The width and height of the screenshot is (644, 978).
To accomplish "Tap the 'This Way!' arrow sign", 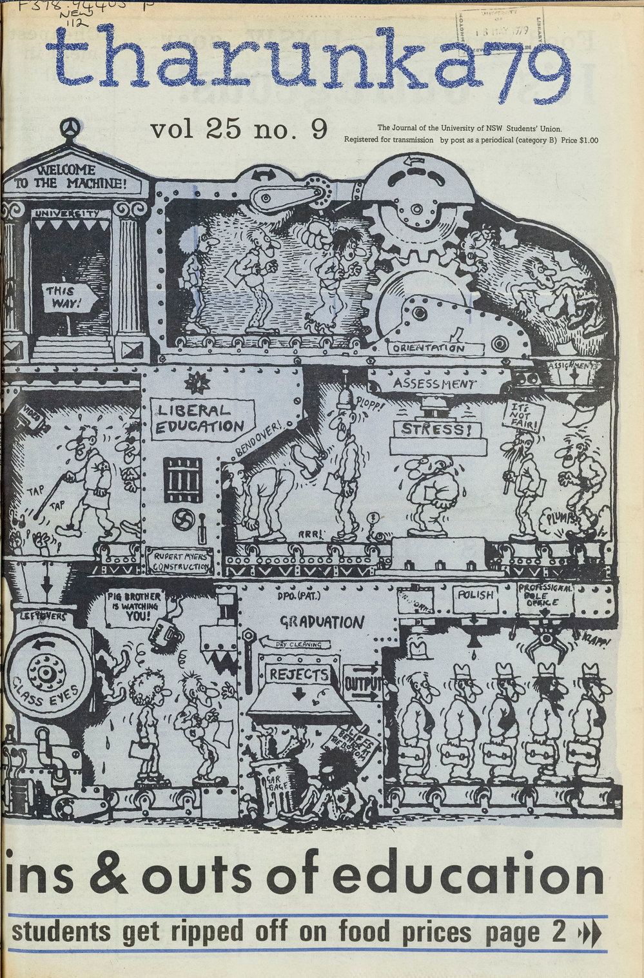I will pos(69,298).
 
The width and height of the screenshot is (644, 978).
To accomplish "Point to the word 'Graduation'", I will pos(320,622).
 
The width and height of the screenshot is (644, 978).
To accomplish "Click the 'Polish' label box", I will pos(475,594).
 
